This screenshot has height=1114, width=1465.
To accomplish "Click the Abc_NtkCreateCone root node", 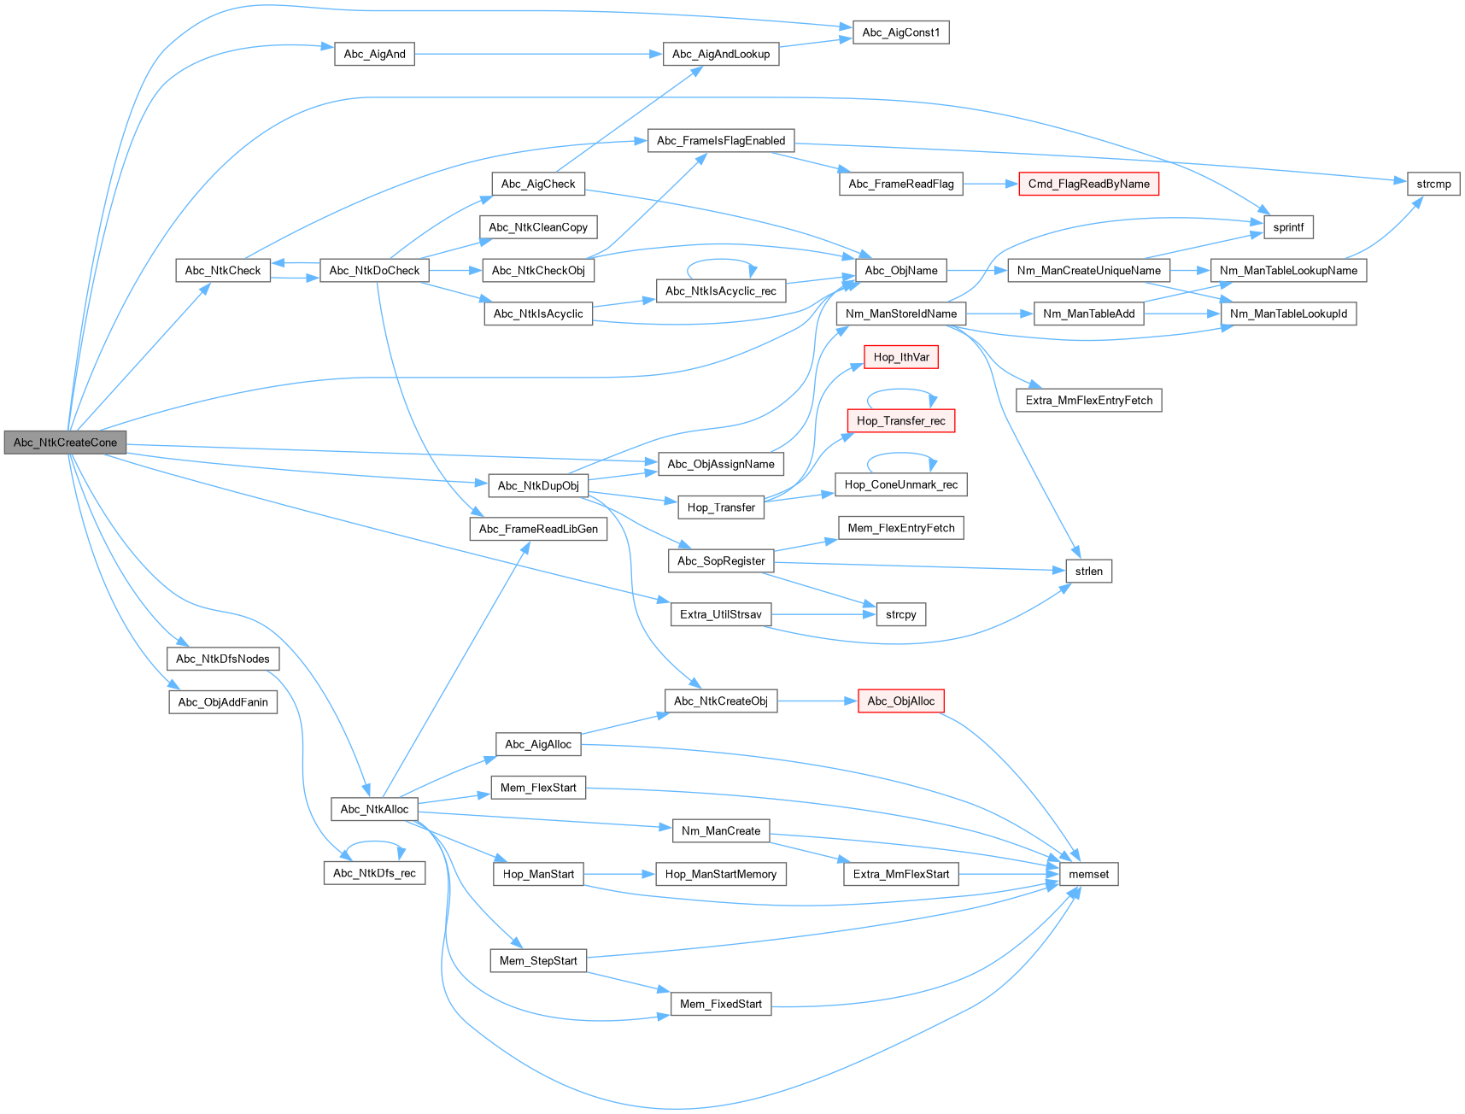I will tap(65, 443).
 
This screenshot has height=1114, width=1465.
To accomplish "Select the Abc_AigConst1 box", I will tap(900, 32).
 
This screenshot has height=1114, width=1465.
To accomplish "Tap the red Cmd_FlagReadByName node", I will tap(1088, 184).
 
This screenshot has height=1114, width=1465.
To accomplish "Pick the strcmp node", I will tap(1433, 184).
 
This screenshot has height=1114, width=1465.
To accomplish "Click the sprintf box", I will tap(1288, 227).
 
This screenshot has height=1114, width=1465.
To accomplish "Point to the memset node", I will tap(1088, 874).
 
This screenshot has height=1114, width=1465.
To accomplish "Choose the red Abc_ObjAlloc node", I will tap(900, 701).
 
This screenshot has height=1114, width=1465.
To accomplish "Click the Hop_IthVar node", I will tap(900, 357).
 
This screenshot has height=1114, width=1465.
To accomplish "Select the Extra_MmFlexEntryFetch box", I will tap(1088, 400).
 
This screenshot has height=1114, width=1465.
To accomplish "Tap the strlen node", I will tap(1088, 571).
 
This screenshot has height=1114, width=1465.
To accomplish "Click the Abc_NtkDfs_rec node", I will tap(374, 873).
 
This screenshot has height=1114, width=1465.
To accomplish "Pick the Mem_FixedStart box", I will tap(720, 1004).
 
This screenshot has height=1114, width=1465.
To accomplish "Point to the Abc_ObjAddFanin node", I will tap(223, 702).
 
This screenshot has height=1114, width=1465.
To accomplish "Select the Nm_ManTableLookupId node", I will tap(1288, 314).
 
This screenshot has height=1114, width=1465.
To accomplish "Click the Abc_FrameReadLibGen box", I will tap(538, 529).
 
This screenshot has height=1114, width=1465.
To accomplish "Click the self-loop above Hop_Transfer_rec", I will tap(900, 390).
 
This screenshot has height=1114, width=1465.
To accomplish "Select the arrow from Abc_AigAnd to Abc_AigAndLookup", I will tap(538, 54).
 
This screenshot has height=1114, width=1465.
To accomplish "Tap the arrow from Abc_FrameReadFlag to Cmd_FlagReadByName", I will tap(990, 184).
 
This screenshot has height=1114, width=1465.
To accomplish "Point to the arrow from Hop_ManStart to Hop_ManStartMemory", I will tap(619, 874).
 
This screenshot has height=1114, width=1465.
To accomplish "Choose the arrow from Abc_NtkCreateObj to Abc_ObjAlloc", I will tap(817, 701).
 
